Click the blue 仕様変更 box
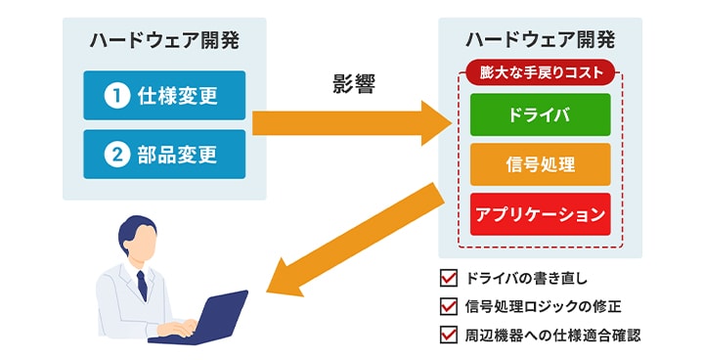(x=164, y=96)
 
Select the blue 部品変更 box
(x=164, y=155)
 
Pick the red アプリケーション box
(x=540, y=214)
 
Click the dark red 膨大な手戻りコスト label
(x=540, y=71)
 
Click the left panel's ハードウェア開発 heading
(x=163, y=41)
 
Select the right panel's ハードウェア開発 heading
(x=540, y=41)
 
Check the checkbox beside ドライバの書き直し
(x=450, y=277)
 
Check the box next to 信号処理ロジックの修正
(x=450, y=306)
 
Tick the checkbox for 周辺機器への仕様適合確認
(x=450, y=336)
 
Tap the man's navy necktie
(x=142, y=284)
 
